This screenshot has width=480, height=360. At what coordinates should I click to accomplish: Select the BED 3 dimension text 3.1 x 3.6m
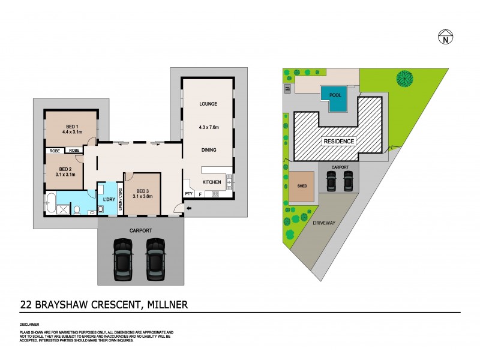142,195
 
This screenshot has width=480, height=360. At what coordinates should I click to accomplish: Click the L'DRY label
109,199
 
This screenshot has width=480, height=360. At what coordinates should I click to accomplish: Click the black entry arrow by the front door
190,208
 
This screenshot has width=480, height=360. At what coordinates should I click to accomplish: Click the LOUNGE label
208,104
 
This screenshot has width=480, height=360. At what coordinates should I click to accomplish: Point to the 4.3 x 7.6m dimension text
208,127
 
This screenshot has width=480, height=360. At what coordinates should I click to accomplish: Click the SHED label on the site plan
302,186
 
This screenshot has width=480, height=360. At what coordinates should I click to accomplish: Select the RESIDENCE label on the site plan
339,142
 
